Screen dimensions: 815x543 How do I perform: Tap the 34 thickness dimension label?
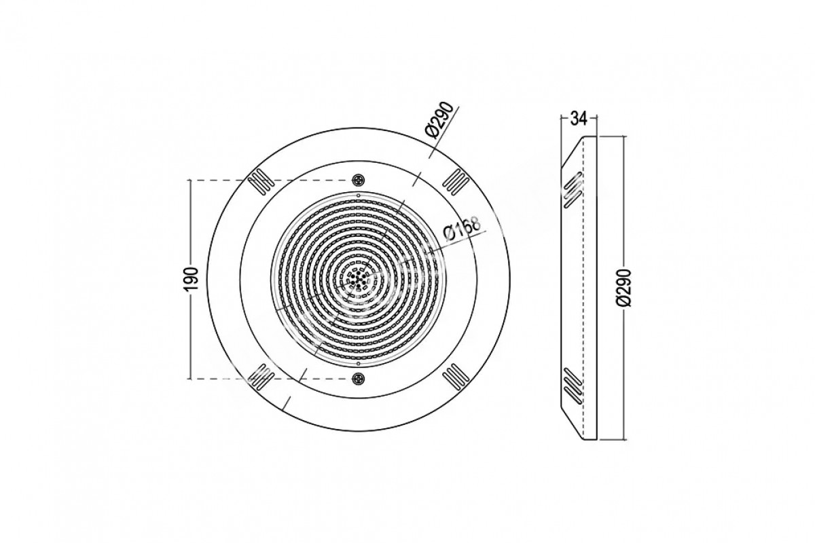tap(579, 119)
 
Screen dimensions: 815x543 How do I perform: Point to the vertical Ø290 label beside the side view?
tap(626, 287)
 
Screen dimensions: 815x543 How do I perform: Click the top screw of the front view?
tap(358, 180)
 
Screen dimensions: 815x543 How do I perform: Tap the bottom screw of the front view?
tap(358, 379)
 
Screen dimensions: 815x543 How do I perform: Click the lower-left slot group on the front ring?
tap(261, 377)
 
